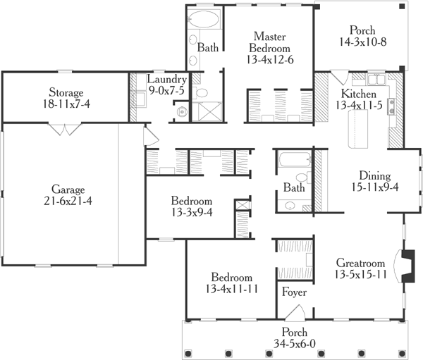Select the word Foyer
293,291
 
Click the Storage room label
66,92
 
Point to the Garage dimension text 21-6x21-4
68,201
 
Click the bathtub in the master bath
204,19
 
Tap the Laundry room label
167,80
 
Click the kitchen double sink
374,78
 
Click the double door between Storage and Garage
68,130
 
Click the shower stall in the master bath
209,111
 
